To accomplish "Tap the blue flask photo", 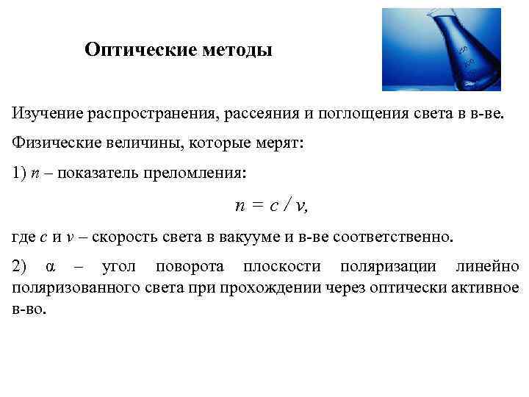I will [x=441, y=49].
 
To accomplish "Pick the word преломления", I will [x=203, y=174].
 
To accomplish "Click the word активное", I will [x=481, y=287].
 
